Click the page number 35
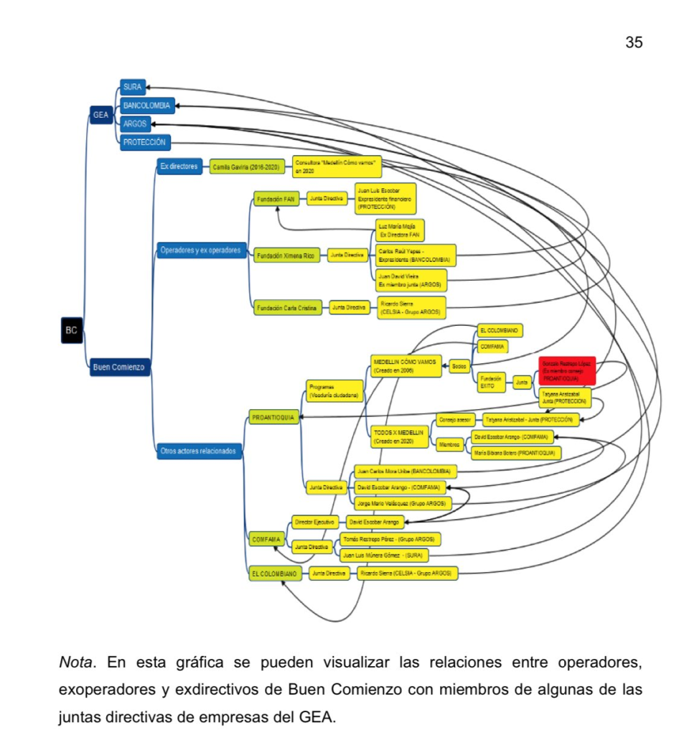pyautogui.click(x=634, y=42)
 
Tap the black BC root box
pyautogui.click(x=71, y=331)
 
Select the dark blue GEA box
pyautogui.click(x=100, y=114)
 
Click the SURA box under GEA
pyautogui.click(x=132, y=88)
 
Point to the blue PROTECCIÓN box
pyautogui.click(x=145, y=142)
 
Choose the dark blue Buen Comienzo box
pyautogui.click(x=118, y=367)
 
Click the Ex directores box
pyautogui.click(x=178, y=167)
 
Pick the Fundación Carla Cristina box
pyautogui.click(x=287, y=308)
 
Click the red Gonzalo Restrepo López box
pyautogui.click(x=567, y=370)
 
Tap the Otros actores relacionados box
pyautogui.click(x=200, y=451)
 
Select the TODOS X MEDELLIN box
pyautogui.click(x=399, y=437)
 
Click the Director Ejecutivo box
pyautogui.click(x=315, y=522)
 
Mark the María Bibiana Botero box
pyautogui.click(x=515, y=453)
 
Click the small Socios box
pyautogui.click(x=459, y=367)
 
